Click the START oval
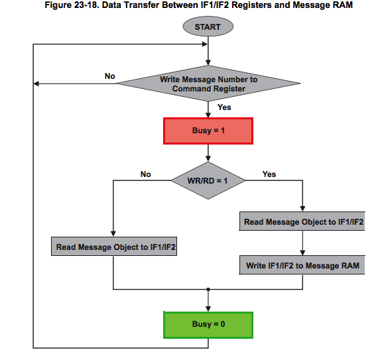tap(208, 27)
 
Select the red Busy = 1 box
tap(208, 131)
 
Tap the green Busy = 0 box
tap(208, 325)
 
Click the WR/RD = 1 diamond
tap(208, 180)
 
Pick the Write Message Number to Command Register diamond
tap(208, 84)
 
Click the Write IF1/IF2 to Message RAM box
tap(302, 265)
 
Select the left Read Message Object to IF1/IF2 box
tap(114, 247)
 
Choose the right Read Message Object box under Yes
tap(302, 221)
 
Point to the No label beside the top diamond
tap(110, 76)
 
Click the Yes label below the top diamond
tap(224, 107)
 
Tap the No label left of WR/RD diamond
tap(145, 174)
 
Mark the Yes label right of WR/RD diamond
tap(269, 174)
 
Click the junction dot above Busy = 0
tap(208, 289)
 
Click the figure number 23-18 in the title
tap(86, 5)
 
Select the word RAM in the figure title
tap(343, 5)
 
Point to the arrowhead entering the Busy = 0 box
tap(208, 309)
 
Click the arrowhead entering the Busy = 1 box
tap(208, 115)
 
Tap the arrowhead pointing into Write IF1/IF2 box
tap(303, 253)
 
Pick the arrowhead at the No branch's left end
tap(36, 84)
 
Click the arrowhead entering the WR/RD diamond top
tap(208, 158)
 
